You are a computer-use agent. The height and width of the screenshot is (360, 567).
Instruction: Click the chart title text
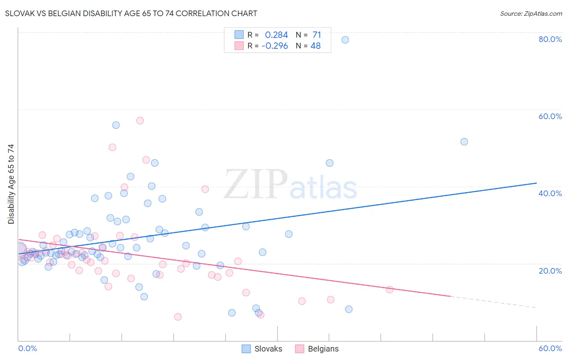click(x=131, y=14)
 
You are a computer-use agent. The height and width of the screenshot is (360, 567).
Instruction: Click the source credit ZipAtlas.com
click(x=531, y=14)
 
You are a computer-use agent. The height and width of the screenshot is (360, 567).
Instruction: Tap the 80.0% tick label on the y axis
click(x=550, y=39)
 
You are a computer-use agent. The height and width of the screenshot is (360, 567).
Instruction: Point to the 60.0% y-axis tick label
click(x=550, y=116)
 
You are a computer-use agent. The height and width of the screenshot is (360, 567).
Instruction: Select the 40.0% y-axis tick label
click(x=550, y=193)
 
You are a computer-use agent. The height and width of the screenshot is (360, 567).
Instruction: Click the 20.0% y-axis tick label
click(x=550, y=271)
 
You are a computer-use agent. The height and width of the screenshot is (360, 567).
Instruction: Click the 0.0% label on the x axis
click(x=27, y=348)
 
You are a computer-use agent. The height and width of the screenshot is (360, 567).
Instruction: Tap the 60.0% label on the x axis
click(x=550, y=348)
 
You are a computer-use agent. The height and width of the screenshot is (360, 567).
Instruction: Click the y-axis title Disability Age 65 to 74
click(x=11, y=184)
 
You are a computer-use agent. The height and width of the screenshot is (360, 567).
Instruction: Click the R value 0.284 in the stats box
click(x=276, y=35)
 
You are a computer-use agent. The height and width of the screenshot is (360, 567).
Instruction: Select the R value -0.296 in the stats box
click(x=275, y=46)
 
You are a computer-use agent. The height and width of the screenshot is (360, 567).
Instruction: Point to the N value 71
click(x=317, y=35)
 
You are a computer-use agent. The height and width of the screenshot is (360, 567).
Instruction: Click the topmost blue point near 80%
click(x=345, y=40)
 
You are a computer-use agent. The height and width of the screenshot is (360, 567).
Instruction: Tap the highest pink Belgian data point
click(x=140, y=120)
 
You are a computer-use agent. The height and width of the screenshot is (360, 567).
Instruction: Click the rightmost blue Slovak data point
click(x=464, y=142)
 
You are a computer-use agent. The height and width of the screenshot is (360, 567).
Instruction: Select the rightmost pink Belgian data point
click(x=390, y=289)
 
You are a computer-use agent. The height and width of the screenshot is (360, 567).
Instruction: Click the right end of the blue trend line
click(x=536, y=183)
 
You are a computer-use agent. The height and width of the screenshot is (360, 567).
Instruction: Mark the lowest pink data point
click(x=178, y=317)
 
